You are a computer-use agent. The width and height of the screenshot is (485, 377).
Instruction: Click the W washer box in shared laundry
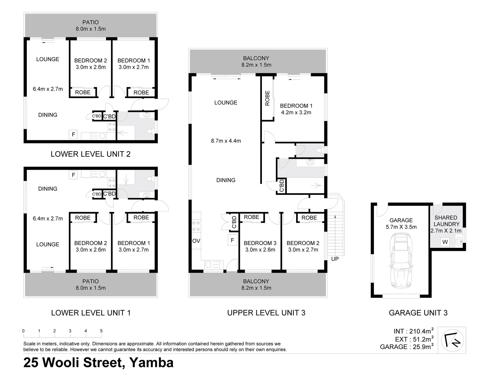(445, 242)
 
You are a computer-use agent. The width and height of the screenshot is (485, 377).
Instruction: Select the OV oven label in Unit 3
(196, 241)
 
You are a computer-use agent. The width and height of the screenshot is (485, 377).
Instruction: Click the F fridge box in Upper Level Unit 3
(232, 240)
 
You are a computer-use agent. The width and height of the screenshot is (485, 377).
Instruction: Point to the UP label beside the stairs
(335, 259)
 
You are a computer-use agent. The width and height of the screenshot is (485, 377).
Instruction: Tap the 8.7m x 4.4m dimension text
(226, 141)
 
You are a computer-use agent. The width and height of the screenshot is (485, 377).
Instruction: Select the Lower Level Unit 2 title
(90, 154)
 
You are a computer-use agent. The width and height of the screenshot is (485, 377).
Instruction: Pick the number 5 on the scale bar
(101, 331)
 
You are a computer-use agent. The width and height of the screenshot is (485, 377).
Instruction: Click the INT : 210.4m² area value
(413, 331)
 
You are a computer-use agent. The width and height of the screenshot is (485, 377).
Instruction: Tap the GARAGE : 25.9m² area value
(407, 347)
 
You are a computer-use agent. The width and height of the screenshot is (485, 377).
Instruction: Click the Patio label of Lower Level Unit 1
(90, 281)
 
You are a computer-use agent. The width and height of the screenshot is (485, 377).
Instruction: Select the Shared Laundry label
(446, 221)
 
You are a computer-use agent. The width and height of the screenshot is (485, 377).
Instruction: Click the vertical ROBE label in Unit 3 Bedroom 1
(267, 98)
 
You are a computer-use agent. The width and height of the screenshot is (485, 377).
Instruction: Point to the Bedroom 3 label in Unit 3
(260, 243)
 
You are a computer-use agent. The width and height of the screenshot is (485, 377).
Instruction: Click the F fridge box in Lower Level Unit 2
(73, 134)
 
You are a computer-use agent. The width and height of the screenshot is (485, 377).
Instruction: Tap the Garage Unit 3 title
(418, 313)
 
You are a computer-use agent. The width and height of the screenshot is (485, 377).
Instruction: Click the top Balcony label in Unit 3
(256, 58)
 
